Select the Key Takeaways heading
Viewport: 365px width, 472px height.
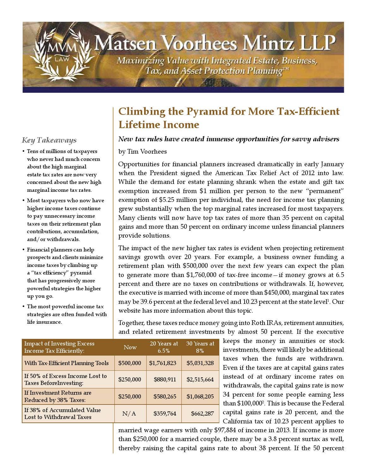tap(49, 140)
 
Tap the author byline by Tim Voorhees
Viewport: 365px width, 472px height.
tap(143, 152)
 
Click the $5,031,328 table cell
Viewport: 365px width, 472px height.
tap(200, 363)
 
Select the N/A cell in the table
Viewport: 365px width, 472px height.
tap(129, 414)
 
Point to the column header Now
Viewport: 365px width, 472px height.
tap(130, 347)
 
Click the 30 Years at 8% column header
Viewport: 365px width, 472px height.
tap(200, 347)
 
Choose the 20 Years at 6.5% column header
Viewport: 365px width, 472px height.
tap(164, 347)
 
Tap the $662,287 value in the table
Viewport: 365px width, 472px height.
tap(202, 414)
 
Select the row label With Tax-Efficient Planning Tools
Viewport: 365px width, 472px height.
tap(66, 363)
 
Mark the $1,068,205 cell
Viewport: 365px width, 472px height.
tap(200, 397)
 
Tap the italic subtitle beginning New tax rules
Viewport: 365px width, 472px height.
tap(228, 139)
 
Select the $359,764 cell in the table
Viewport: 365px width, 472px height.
tap(165, 414)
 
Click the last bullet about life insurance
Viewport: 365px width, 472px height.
tap(66, 314)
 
